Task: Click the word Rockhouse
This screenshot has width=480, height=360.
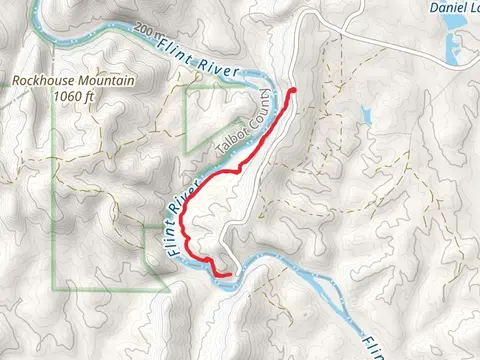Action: click(x=38, y=83)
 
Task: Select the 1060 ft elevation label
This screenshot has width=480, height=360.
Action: click(x=73, y=97)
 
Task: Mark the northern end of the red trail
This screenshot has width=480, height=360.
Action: click(x=293, y=92)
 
